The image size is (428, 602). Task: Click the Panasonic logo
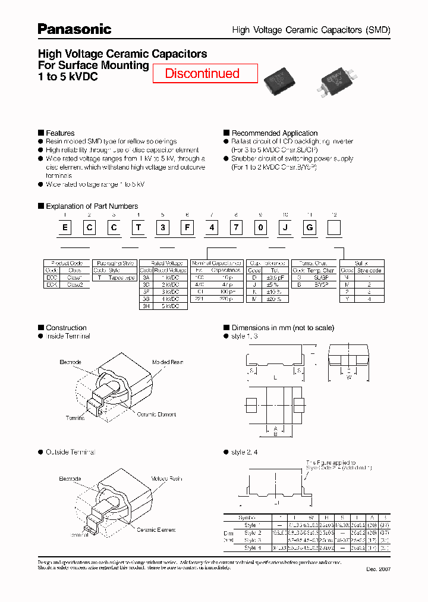pos(74,29)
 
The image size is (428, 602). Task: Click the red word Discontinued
pos(202,74)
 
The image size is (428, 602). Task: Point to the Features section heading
pos(60,133)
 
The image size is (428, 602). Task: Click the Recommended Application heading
pos(274,133)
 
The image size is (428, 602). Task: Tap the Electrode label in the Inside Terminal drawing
pos(70,362)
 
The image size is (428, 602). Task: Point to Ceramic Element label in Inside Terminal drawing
pos(156,414)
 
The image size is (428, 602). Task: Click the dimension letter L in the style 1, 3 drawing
pos(275,378)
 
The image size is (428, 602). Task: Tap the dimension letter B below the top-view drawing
pos(275,434)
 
